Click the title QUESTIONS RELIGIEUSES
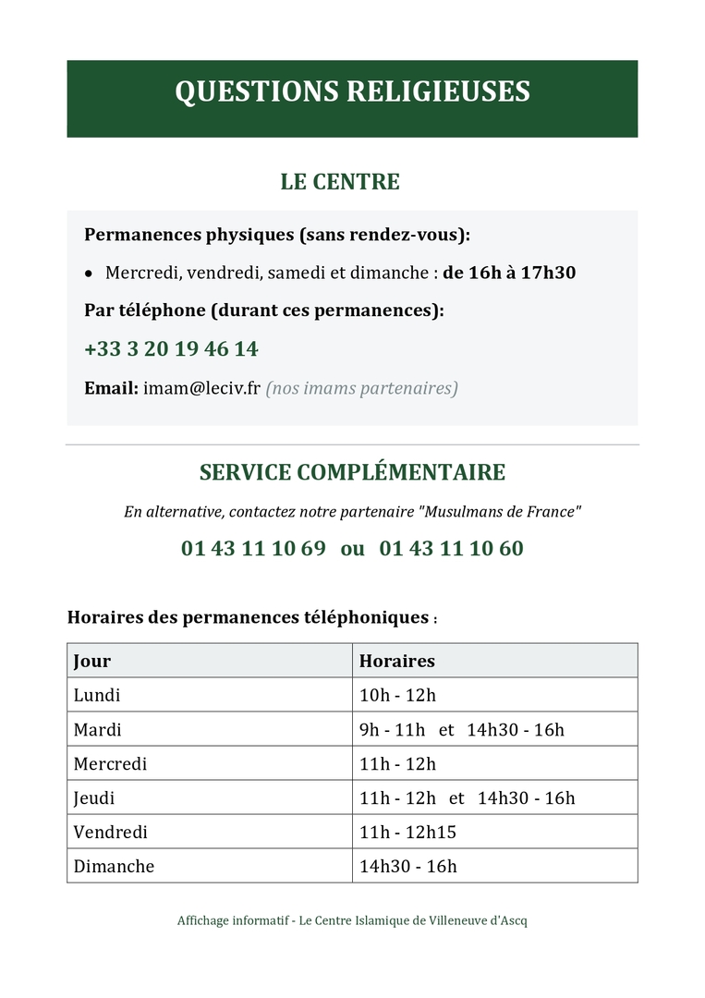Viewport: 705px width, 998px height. [352, 92]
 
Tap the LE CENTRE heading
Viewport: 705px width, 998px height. [340, 182]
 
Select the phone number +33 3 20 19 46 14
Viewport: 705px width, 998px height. [171, 349]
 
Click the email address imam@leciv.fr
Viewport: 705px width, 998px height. [201, 388]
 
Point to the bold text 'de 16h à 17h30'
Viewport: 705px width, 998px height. [509, 273]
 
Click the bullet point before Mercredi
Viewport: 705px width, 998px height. [88, 274]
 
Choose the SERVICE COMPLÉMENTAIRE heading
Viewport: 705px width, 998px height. [352, 472]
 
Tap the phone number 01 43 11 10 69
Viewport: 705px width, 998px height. [253, 548]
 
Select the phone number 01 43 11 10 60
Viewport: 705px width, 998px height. [451, 548]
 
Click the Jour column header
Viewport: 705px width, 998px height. [92, 661]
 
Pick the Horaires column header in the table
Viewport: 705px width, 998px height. [396, 661]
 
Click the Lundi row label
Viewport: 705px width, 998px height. [97, 695]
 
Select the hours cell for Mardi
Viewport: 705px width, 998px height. [461, 729]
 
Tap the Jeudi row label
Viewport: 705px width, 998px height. [94, 797]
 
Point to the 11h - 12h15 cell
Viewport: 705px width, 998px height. [407, 832]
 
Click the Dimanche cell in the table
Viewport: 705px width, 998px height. [114, 866]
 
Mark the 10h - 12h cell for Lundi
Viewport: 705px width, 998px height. [396, 695]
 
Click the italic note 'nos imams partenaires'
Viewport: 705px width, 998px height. [361, 388]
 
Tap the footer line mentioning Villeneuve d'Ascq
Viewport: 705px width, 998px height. [352, 920]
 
